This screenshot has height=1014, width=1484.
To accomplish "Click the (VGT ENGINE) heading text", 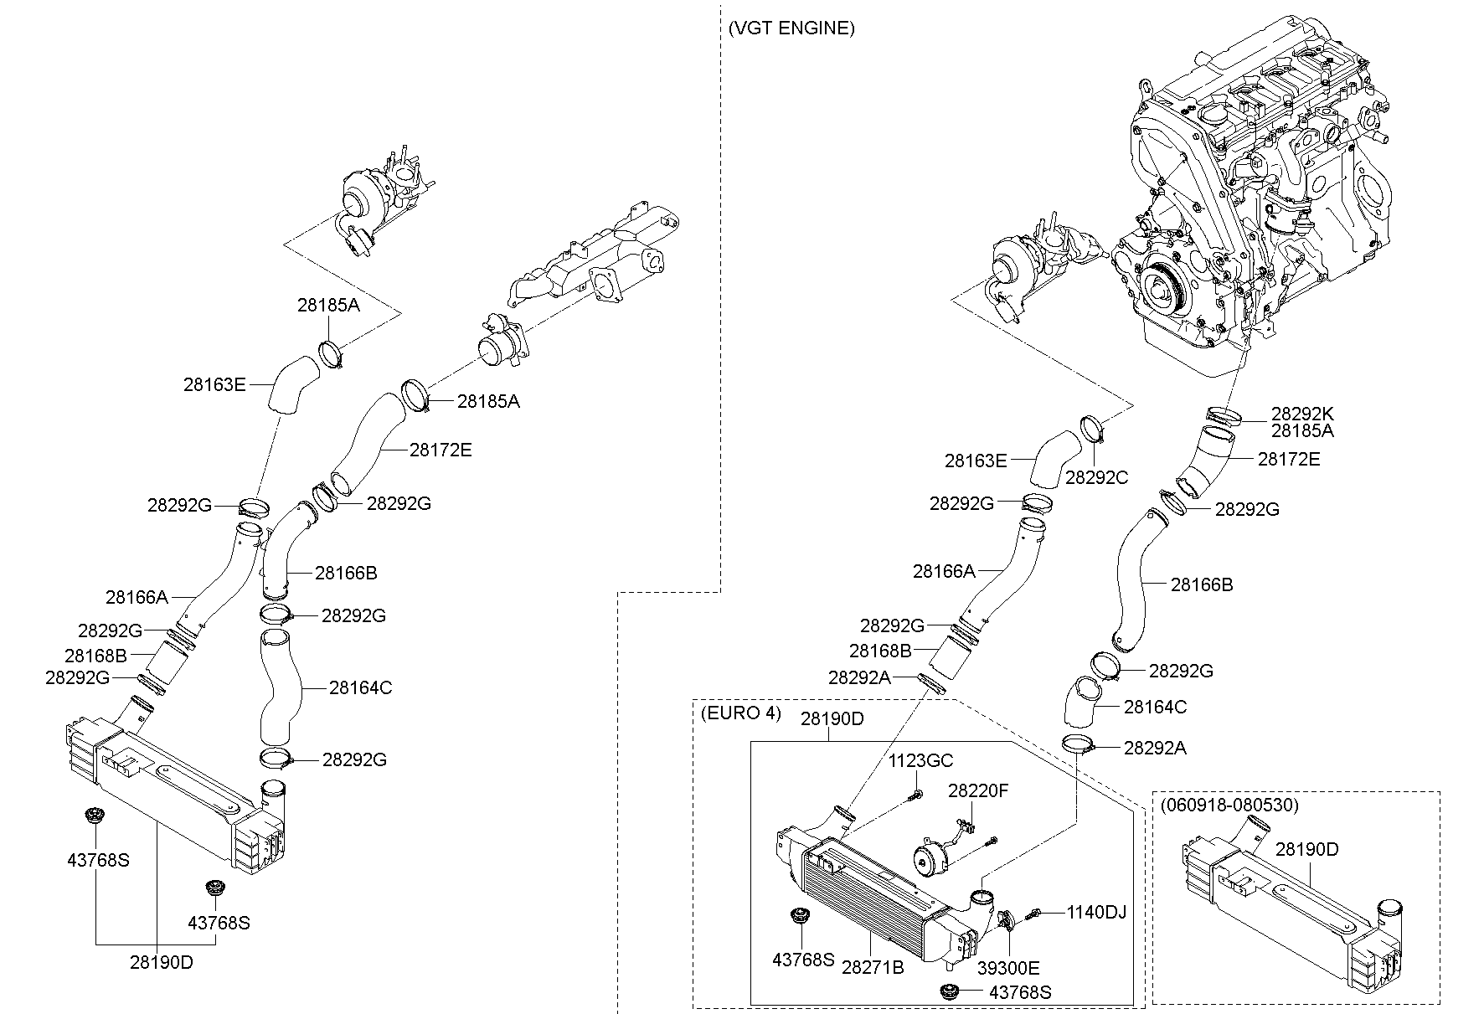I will pos(791,28).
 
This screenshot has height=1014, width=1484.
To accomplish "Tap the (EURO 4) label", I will pos(740,713).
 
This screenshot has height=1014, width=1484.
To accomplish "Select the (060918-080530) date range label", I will pos(1229,806).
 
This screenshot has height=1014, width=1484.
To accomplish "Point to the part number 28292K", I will pos(1302,414).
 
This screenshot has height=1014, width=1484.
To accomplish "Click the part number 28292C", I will pos(1096,477).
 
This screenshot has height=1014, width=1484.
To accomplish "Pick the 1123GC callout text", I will pos(921,761).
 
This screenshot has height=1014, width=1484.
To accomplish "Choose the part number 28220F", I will pos(978,790).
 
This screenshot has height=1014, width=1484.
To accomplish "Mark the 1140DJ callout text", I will pos(1096,912).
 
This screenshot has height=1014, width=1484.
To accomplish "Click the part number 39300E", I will pos(1008,968).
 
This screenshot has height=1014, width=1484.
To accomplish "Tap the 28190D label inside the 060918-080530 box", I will pos(1306,849).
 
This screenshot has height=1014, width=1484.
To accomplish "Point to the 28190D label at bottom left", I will pos(161,962).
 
